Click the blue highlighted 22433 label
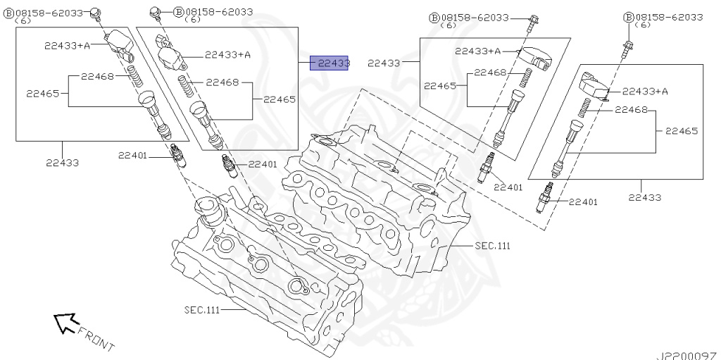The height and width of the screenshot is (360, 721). tap(332, 63)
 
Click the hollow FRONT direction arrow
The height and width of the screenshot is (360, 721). tap(65, 322)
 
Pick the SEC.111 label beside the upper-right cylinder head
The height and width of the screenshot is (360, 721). tap(491, 246)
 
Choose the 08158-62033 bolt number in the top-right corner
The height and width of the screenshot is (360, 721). tap(668, 16)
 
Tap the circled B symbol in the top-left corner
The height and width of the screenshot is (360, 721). tap(8, 13)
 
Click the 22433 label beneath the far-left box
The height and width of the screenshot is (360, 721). tap(63, 162)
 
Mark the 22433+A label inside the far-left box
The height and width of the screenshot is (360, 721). tap(67, 45)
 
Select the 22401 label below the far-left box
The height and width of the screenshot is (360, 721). tap(132, 155)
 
